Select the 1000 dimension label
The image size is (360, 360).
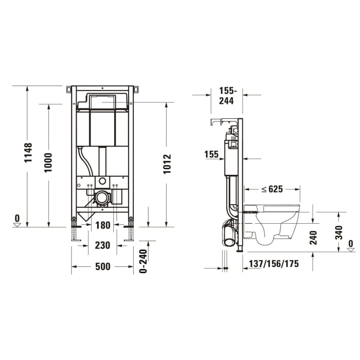[48, 163]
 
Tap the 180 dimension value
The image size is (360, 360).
[103, 225]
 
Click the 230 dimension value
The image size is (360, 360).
[103, 246]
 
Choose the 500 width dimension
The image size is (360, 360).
[103, 266]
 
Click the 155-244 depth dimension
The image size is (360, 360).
[227, 96]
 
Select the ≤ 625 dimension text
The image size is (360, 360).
[272, 189]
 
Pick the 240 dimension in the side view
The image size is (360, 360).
[313, 237]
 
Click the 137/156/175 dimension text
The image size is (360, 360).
[273, 264]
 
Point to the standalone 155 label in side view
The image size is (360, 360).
[211, 154]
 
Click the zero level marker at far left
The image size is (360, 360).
[17, 221]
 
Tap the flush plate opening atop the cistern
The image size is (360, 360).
[103, 101]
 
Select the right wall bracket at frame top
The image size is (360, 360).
[136, 89]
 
